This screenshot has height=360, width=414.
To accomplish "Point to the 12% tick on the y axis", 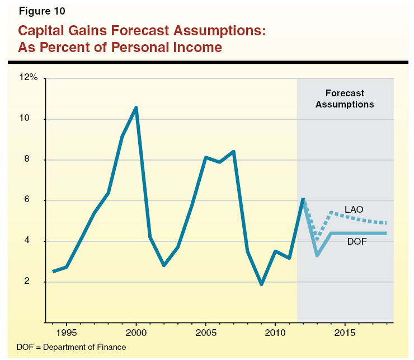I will pos(28,78).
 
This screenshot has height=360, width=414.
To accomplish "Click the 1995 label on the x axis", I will pos(67,333).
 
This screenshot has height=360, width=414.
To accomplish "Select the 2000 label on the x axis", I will pos(136,333).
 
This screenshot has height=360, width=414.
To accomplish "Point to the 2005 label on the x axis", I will pos(206,333).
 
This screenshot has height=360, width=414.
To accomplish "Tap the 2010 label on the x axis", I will pos(275,333).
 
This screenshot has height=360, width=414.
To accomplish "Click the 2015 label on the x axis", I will pos(345,333).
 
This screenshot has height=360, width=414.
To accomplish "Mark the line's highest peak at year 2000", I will pos(136,107).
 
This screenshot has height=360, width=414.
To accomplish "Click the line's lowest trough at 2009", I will pos(261,284).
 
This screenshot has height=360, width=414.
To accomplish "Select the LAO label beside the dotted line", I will pos(354,209).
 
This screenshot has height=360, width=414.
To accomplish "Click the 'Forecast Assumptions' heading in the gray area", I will pos(345,99).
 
